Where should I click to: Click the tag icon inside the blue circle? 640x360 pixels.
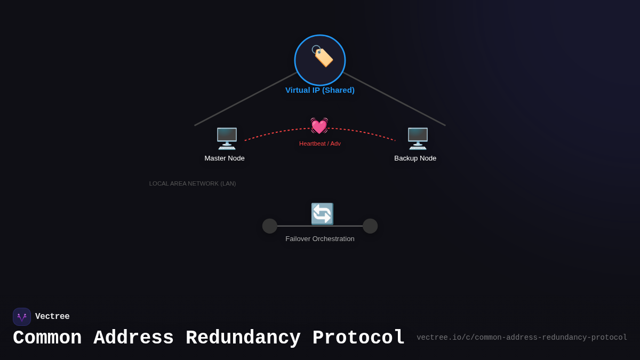322,56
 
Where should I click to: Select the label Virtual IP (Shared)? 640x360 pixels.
320,90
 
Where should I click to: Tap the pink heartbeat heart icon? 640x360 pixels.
319,126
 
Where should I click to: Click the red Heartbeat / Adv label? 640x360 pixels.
320,143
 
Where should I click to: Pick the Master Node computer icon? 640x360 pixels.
227,139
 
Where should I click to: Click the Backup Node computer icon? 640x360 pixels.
418,139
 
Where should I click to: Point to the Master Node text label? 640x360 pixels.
225,158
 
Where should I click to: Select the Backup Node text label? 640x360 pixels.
415,158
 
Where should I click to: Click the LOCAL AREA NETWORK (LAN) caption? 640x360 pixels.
193,183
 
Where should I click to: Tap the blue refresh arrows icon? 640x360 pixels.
322,214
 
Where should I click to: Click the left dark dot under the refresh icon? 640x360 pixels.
270,226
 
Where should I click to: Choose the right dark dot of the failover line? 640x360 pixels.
370,226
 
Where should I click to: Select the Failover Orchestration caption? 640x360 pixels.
320,239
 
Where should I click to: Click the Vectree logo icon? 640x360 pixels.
22,317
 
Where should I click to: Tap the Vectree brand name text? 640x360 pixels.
52,317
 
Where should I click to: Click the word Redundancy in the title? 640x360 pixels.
243,338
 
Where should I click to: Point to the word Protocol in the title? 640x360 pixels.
358,338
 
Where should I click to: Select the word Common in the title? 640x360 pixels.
47,338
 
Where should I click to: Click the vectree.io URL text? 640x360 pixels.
522,338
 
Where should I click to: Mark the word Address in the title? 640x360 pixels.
133,338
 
